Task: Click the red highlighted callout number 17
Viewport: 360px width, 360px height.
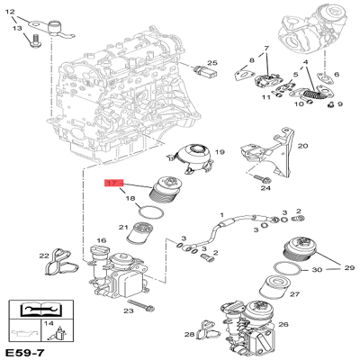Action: point(112,184)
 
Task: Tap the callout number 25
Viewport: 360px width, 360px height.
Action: point(212,63)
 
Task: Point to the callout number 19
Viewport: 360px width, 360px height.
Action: point(219,153)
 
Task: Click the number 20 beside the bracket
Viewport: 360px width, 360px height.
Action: point(302,145)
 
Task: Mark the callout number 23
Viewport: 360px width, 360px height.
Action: point(130,310)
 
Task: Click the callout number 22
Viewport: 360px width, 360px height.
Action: point(43,256)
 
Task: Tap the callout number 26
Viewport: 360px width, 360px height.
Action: point(286,327)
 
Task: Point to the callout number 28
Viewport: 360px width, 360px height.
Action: point(190,335)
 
